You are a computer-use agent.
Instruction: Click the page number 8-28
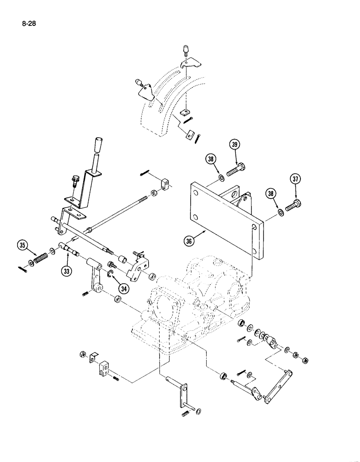tap(28, 22)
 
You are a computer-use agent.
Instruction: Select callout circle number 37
tap(295, 179)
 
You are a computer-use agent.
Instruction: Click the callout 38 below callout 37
tap(271, 195)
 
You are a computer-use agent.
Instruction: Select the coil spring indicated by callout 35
tap(42, 258)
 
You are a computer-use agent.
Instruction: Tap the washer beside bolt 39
tap(222, 177)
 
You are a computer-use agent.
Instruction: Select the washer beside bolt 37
tap(281, 212)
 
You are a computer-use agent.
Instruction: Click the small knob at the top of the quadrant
tap(185, 49)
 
